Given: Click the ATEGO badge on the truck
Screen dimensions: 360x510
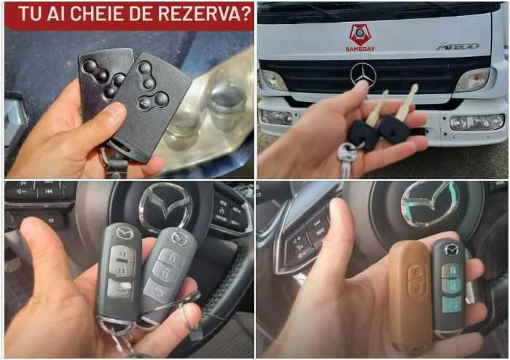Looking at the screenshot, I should pyautogui.click(x=457, y=46).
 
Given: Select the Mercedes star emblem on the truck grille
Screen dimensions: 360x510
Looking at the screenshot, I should pyautogui.click(x=363, y=74).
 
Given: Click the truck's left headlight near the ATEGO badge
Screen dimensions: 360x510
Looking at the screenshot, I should pyautogui.click(x=472, y=79).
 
